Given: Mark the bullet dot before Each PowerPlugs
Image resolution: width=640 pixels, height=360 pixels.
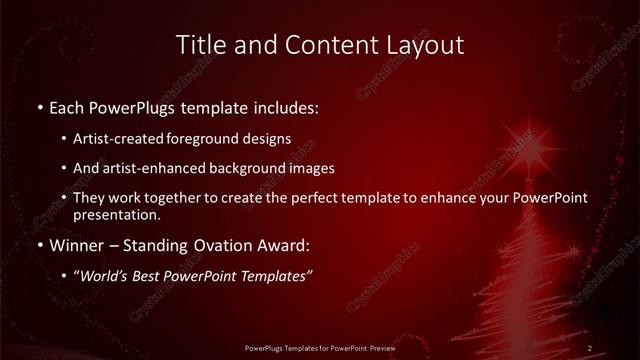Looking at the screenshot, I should [x=38, y=105].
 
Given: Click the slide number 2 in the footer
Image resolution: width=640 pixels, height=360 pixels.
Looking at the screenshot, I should [x=590, y=347].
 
